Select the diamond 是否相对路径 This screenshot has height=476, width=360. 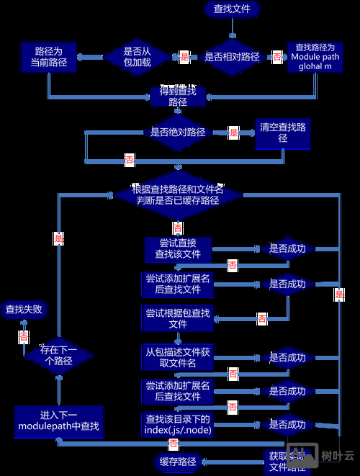point(232,56)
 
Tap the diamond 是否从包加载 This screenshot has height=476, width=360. point(137,56)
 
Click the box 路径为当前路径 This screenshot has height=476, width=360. point(48,57)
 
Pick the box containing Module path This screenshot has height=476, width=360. point(315,56)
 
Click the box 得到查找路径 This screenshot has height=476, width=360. point(178,96)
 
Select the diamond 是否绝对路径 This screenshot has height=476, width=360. point(178,132)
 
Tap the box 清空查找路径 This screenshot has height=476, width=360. point(283,133)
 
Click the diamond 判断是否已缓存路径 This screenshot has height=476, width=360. point(178,195)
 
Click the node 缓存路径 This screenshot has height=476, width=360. point(176,461)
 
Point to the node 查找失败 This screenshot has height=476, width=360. point(24,310)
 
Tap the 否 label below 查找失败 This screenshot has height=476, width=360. point(24,336)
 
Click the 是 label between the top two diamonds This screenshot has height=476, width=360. point(184,56)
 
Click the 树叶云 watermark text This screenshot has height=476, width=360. point(338,456)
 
